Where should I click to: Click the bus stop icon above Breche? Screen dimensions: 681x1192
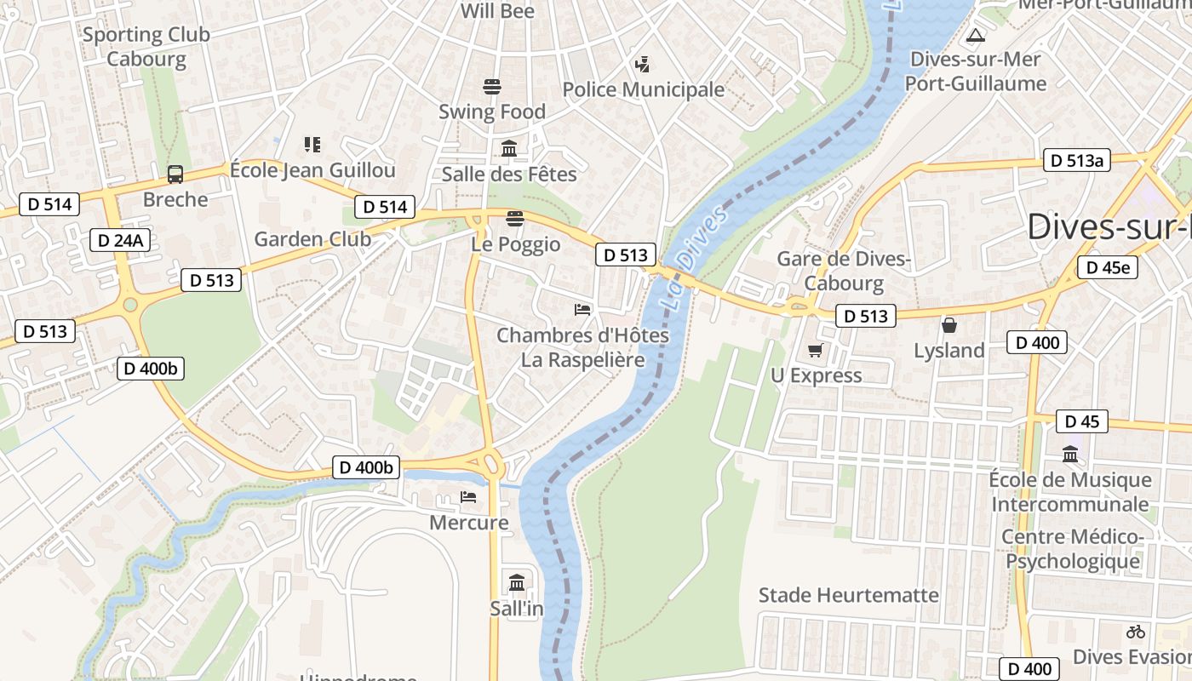175,174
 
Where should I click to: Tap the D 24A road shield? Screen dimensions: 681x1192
120,240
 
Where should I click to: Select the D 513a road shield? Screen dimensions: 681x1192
1076,160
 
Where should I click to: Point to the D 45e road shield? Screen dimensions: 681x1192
1107,267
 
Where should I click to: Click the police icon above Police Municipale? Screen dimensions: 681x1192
643,64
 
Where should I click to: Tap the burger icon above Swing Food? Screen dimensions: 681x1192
491,86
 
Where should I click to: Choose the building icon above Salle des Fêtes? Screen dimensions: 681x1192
509,149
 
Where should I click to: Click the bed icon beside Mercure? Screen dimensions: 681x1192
468,497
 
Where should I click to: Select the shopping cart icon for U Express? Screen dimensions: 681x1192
815,350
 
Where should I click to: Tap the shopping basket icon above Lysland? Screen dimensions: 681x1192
948,325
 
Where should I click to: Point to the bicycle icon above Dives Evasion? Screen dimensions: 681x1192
1135,632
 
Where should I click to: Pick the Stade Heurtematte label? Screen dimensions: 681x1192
848,595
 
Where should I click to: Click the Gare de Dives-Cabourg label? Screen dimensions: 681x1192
844,271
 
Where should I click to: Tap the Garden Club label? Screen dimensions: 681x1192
312,239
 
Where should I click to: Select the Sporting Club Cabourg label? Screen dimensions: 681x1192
146,47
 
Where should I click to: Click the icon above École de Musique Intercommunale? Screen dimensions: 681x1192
1070,455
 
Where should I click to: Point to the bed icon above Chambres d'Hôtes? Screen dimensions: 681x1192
582,310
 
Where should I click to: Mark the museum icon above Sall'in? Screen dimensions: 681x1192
516,583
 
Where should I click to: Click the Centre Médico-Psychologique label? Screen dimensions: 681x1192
1072,549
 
